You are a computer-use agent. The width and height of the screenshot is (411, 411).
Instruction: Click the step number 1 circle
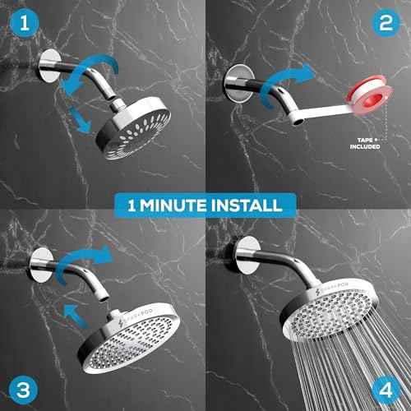(25, 24)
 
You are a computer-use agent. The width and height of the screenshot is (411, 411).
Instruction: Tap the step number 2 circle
(386, 24)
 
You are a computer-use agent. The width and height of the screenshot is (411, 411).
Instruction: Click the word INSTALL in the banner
(250, 204)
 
